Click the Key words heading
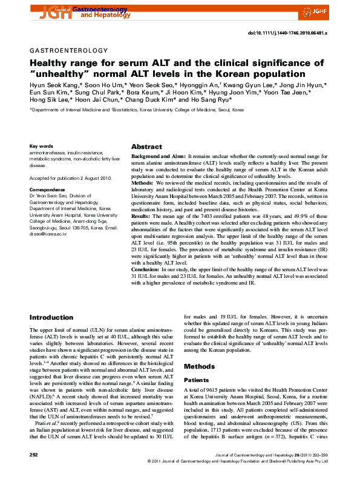tap(41, 147)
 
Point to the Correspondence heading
tap(47, 189)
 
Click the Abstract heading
tap(146, 147)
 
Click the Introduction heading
tap(51, 317)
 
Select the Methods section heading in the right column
tap(198, 366)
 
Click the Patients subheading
tap(197, 380)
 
